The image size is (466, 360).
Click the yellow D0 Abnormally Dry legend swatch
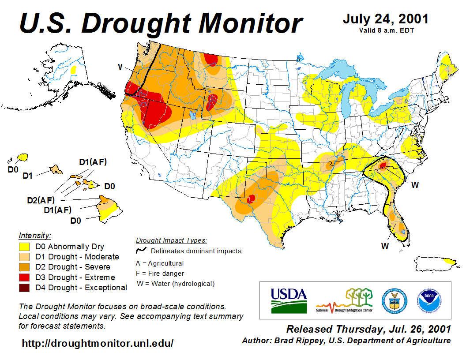pos(24,247)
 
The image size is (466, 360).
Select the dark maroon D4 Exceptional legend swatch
pos(24,288)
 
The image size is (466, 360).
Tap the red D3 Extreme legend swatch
pos(24,277)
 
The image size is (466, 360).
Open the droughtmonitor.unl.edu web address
pos(98,343)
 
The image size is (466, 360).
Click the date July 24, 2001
pos(385,19)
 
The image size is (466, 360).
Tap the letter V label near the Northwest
pos(120,67)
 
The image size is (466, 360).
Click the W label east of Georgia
pos(415,185)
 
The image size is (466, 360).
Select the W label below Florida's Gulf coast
pos(385,246)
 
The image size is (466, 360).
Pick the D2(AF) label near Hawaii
pos(41,200)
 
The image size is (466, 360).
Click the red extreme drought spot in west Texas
pos(252,198)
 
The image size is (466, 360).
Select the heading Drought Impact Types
pos(171,240)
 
